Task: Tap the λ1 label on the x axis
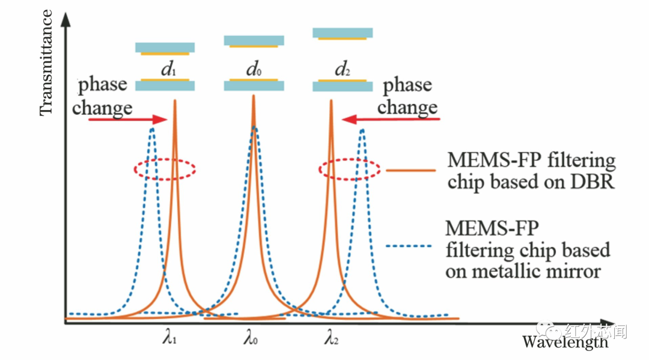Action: tap(169, 339)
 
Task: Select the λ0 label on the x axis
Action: tap(251, 339)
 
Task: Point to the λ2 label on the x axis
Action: tap(331, 339)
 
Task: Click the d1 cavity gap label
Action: tap(168, 69)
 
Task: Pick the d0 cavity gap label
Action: tap(254, 69)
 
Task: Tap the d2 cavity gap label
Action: tap(343, 69)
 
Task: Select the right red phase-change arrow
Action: tap(391, 120)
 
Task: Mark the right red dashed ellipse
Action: tap(349, 169)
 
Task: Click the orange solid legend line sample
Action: tap(410, 170)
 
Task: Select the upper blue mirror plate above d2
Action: tap(343, 32)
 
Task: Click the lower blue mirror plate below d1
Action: tap(165, 86)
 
